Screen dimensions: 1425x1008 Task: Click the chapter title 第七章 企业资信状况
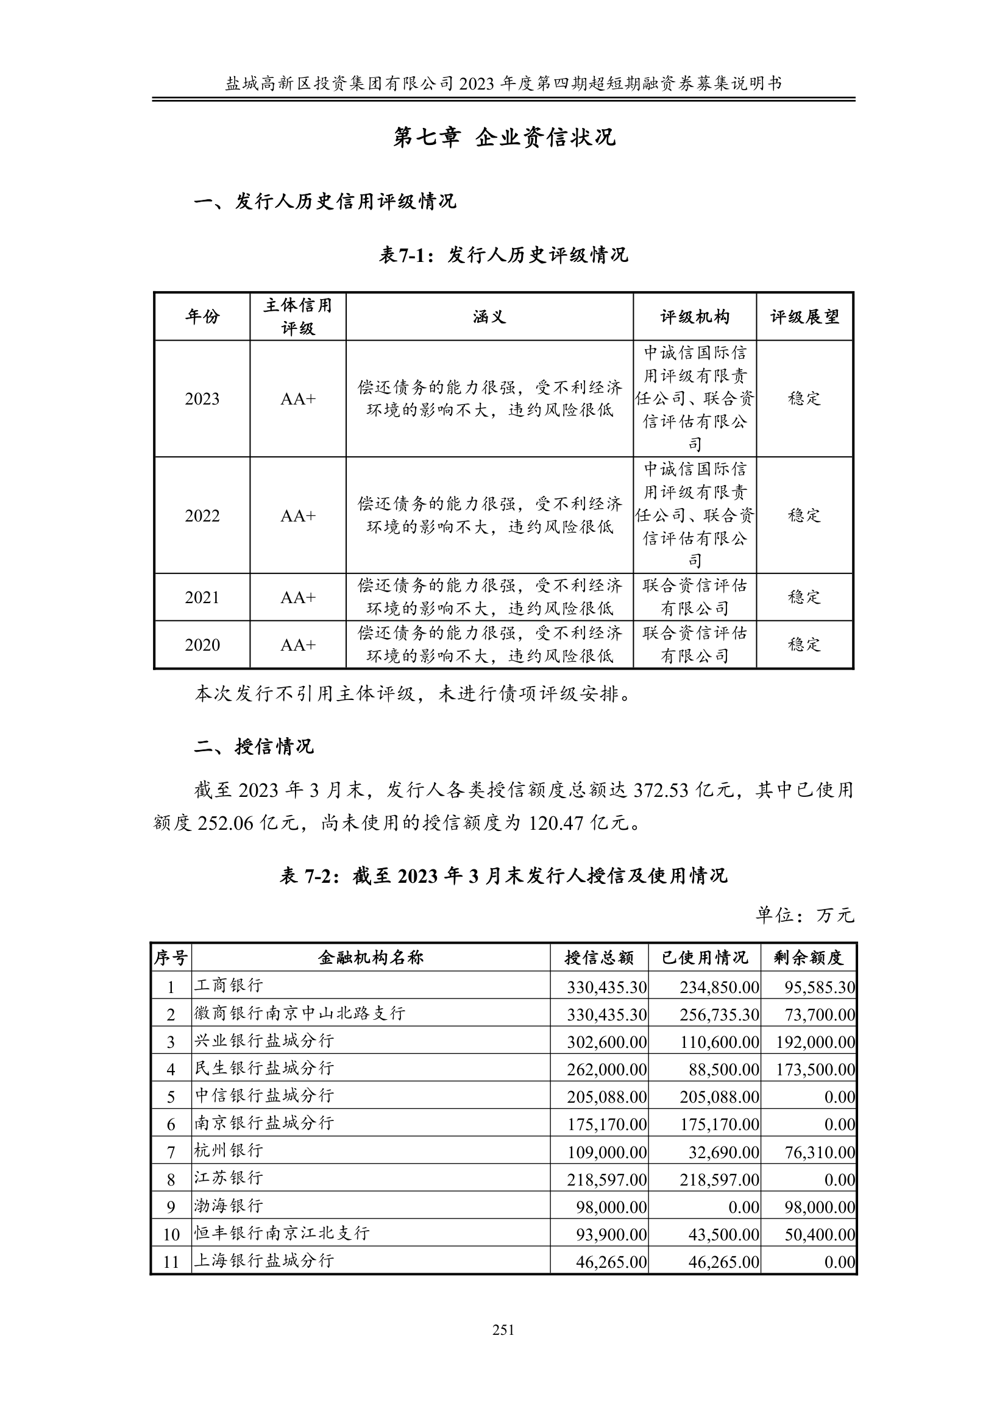[x=503, y=138]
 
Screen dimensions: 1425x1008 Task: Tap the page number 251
[x=503, y=1329]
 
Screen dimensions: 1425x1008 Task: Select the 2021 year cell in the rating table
[x=202, y=597]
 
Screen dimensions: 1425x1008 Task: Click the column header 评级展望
[x=804, y=317]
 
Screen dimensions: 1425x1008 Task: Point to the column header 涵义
[x=489, y=317]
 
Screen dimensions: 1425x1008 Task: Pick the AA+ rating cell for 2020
[x=298, y=645]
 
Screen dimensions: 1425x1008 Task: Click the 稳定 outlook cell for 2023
[x=804, y=398]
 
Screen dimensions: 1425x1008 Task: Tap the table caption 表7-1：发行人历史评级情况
[x=503, y=255]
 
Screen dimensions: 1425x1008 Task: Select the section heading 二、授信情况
[x=255, y=746]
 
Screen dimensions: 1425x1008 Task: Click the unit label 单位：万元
[x=804, y=915]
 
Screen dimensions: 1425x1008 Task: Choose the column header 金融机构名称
[x=371, y=958]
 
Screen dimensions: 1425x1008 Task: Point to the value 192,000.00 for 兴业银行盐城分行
[x=815, y=1042]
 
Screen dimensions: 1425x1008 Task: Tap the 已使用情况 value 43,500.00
[x=723, y=1234]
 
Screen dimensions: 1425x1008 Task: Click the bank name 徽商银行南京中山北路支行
[x=300, y=1014]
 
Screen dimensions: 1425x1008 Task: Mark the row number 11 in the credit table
[x=171, y=1262]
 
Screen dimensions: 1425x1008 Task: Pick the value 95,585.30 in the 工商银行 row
[x=819, y=987]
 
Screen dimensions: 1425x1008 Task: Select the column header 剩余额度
[x=808, y=958]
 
